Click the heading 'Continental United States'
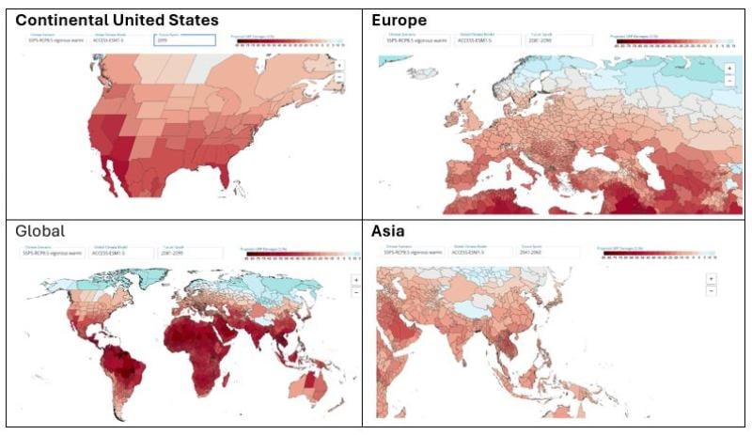[x=117, y=20]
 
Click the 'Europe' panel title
[x=399, y=20]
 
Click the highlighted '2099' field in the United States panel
[x=185, y=41]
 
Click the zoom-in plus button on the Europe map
[x=729, y=69]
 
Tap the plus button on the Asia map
[x=711, y=278]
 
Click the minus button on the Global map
[x=355, y=292]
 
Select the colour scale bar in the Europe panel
[x=663, y=43]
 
